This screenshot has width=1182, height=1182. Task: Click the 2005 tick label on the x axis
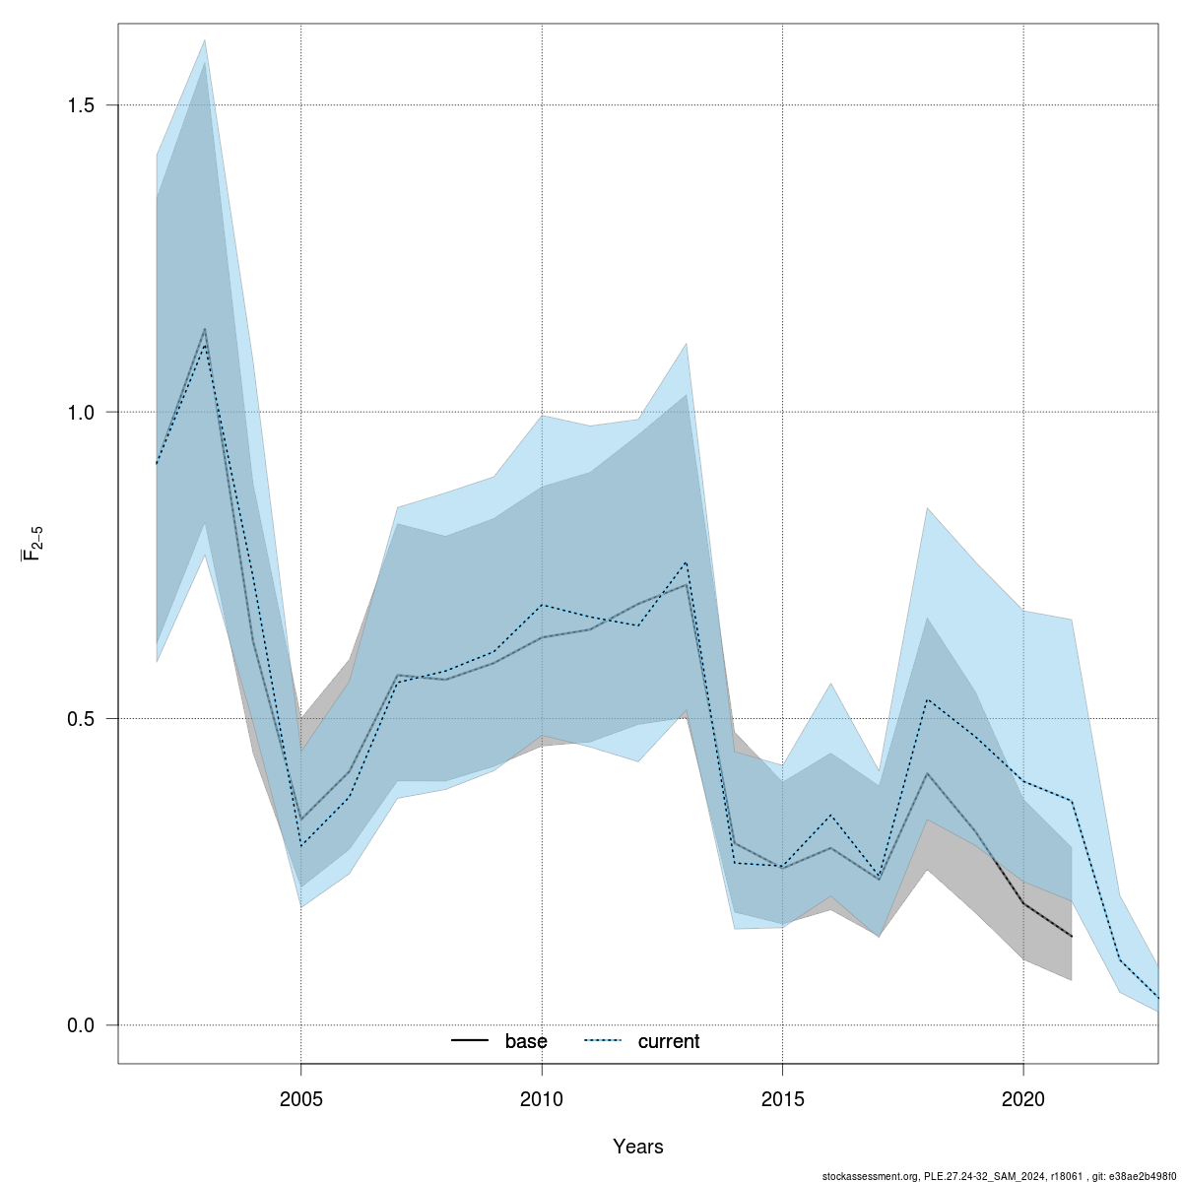pyautogui.click(x=300, y=1099)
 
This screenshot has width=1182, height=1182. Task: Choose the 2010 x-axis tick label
pyautogui.click(x=542, y=1099)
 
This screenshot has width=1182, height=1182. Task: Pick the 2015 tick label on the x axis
pyautogui.click(x=782, y=1099)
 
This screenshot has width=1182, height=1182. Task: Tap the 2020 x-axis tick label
pyautogui.click(x=1023, y=1099)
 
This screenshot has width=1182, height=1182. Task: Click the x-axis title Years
pyautogui.click(x=637, y=1147)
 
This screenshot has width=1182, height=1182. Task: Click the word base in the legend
pyautogui.click(x=526, y=1041)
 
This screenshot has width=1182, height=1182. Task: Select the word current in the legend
pyautogui.click(x=669, y=1041)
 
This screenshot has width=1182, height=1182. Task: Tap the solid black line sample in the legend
pyautogui.click(x=471, y=1041)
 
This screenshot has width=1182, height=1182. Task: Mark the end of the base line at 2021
pyautogui.click(x=1072, y=936)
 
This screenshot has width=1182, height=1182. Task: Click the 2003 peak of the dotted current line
pyautogui.click(x=205, y=345)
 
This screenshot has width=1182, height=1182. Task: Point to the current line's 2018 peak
pyautogui.click(x=927, y=699)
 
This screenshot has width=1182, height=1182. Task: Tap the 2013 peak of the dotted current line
pyautogui.click(x=686, y=561)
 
